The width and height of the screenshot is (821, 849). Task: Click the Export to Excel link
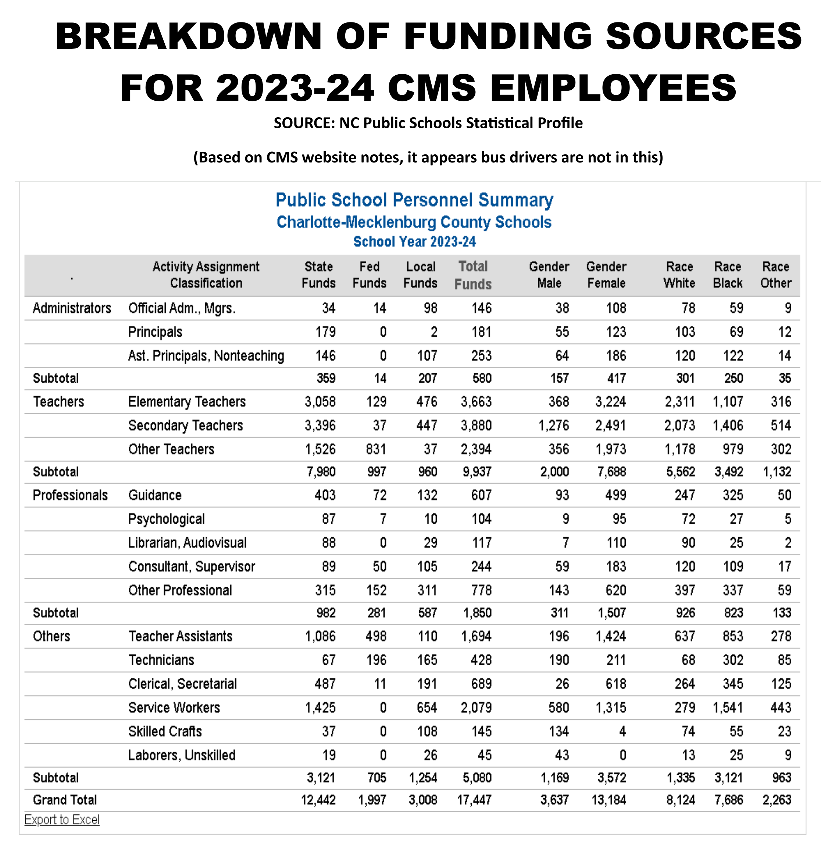62,820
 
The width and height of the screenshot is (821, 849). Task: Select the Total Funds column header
473,275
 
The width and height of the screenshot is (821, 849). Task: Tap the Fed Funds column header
369,275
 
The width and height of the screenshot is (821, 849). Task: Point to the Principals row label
155,332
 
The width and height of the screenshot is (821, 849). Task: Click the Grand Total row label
65,800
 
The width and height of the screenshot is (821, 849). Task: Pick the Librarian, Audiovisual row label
187,543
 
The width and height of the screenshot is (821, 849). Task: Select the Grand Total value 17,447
474,800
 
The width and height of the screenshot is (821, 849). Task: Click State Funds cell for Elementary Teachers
320,402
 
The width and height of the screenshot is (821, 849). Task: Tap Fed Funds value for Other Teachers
376,449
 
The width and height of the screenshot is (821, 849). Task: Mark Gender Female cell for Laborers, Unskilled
622,755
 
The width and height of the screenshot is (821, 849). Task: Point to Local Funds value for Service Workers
427,707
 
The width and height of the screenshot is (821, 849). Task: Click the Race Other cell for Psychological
788,519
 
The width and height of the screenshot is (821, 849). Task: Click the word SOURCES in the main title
704,36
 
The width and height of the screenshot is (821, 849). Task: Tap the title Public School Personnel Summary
414,200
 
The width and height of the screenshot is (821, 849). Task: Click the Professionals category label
70,495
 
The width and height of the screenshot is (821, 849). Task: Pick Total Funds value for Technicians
481,660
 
